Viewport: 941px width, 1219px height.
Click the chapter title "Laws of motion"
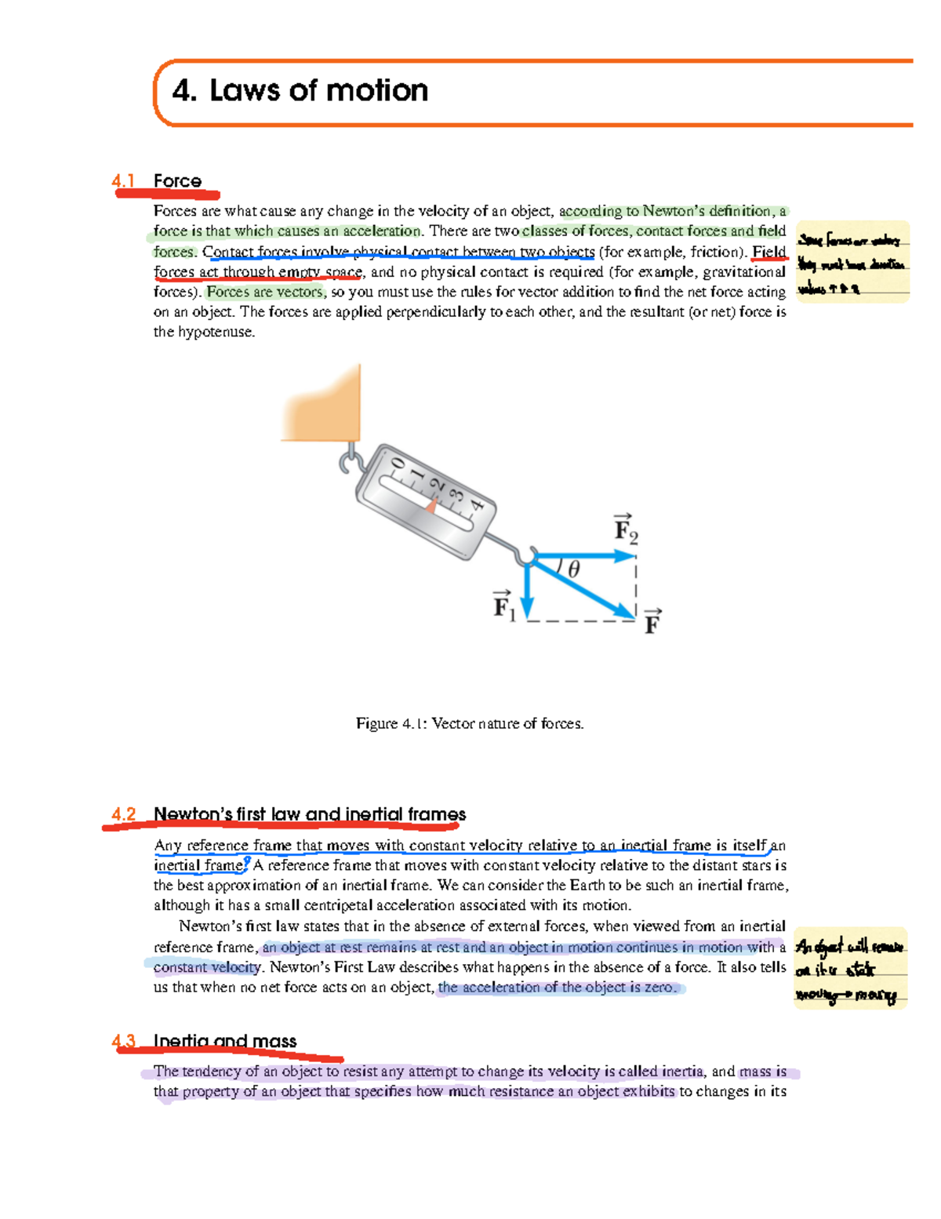tap(318, 91)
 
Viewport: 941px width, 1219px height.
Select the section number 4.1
tap(123, 181)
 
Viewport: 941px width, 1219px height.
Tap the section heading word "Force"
tap(177, 181)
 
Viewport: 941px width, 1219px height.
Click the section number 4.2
tap(123, 814)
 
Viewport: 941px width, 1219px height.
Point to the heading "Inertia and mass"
tap(225, 1041)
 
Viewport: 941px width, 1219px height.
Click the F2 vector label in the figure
tap(625, 529)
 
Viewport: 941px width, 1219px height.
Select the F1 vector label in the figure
tap(503, 606)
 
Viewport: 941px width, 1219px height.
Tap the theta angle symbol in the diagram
tap(573, 569)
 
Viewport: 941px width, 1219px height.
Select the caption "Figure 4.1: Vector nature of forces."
tap(470, 723)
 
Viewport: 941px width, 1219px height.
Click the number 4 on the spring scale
tap(478, 506)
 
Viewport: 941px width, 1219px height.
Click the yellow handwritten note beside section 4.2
tap(850, 969)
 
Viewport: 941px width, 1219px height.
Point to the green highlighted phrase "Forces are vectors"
tap(265, 292)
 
